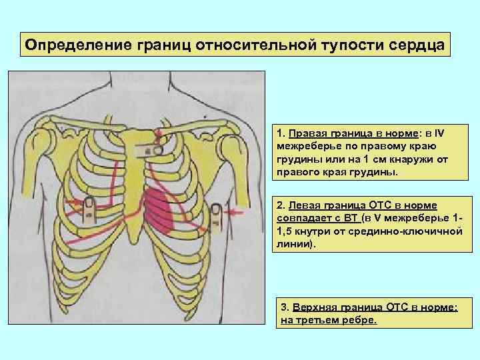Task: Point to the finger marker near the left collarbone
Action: (x=158, y=151)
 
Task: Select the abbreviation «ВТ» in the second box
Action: (x=351, y=219)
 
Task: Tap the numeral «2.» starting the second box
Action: (x=280, y=205)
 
